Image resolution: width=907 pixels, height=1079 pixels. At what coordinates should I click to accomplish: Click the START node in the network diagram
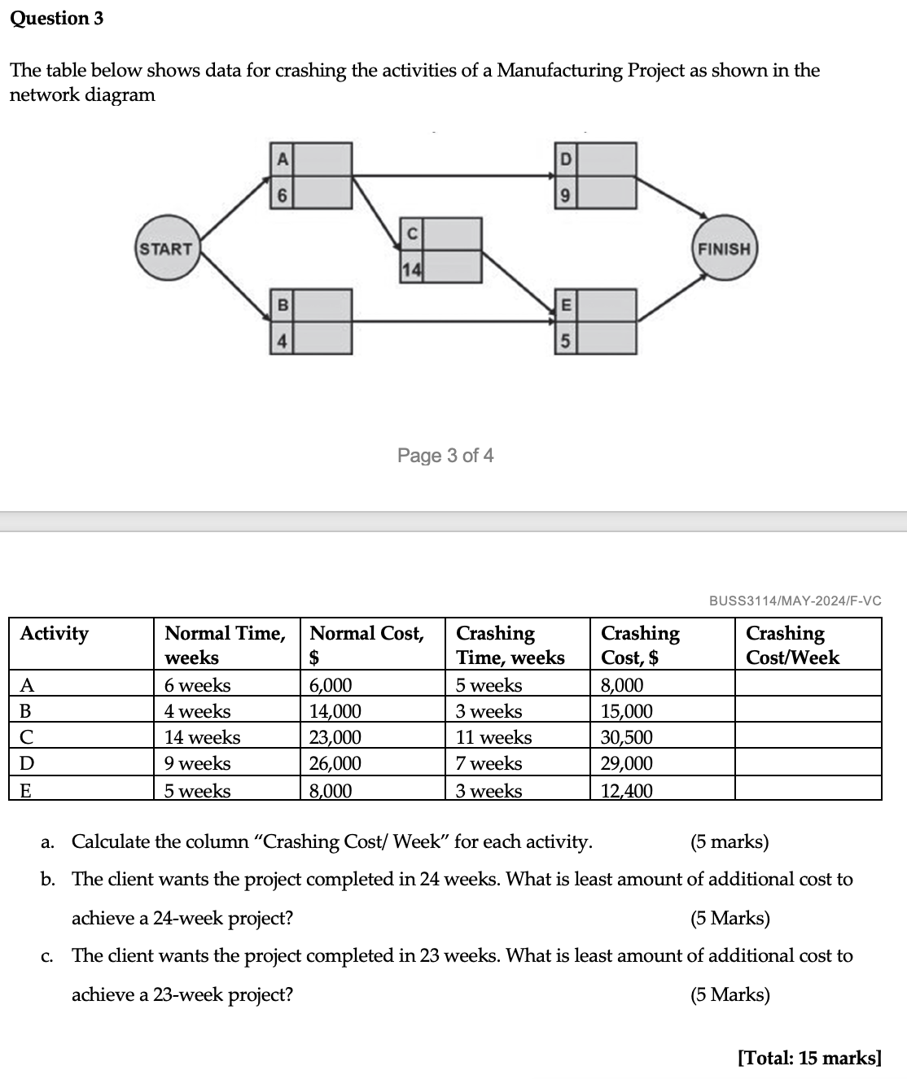(166, 249)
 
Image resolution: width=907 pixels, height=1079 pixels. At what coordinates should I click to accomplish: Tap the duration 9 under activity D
(566, 195)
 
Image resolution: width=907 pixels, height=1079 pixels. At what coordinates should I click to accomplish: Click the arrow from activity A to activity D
(453, 174)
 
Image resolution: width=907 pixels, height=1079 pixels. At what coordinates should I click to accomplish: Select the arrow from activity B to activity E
(453, 321)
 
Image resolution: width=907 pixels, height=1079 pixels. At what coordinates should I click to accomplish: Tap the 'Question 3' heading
(57, 18)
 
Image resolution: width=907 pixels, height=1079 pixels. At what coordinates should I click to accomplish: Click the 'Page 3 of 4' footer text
(445, 456)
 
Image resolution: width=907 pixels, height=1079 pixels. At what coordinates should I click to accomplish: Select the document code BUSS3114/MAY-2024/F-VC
(795, 601)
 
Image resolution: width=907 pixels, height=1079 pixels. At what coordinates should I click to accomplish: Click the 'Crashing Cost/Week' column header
(792, 644)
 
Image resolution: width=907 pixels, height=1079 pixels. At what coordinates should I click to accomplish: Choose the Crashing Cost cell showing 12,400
(627, 790)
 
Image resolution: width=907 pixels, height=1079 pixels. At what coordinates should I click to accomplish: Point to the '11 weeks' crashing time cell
(493, 737)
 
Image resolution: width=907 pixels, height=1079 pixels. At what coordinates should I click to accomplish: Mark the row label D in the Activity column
(27, 763)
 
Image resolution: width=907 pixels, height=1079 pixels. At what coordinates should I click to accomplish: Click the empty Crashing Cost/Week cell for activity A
(808, 684)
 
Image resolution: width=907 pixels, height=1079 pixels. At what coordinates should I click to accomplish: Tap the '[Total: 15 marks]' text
(809, 1058)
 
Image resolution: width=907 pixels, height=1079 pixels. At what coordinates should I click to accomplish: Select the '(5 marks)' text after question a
(730, 841)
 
